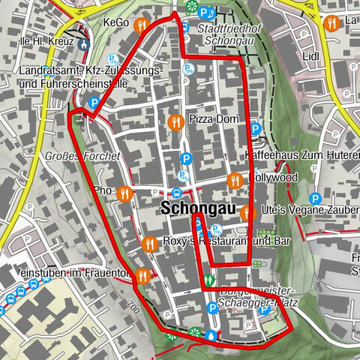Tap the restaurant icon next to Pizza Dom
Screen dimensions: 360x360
pos(175,120)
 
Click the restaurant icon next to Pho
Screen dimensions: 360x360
pos(124,192)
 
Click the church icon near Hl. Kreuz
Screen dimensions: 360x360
pos(82,43)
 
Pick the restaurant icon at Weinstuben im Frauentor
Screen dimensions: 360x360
pos(142,276)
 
